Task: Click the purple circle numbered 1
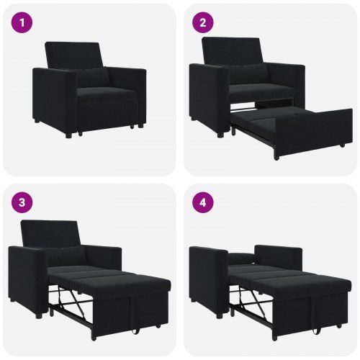pyautogui.click(x=24, y=23)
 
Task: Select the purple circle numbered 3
pyautogui.click(x=24, y=202)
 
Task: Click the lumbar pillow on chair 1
pyautogui.click(x=93, y=77)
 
